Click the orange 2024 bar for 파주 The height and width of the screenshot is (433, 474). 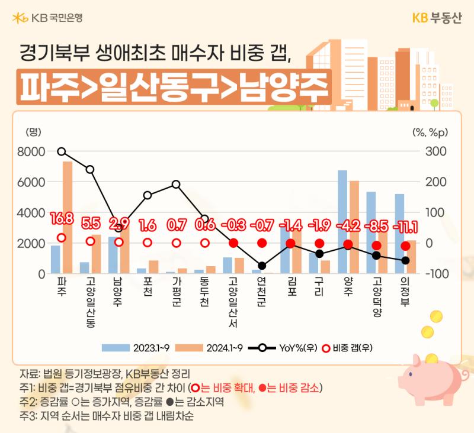[x=68, y=218]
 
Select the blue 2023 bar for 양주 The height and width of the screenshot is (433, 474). [x=342, y=222]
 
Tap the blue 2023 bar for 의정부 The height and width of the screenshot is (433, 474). [x=399, y=234]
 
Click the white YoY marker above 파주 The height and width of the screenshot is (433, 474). [x=62, y=151]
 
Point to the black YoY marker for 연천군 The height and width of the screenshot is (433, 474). [x=262, y=266]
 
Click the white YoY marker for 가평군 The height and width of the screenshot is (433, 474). [x=176, y=185]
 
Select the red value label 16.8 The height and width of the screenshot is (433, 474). [x=62, y=218]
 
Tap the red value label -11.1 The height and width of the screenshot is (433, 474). [x=405, y=227]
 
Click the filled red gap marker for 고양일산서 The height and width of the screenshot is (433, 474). [x=233, y=243]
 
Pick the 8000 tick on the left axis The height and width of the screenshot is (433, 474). [x=31, y=152]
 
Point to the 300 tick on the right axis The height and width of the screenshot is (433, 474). [x=436, y=151]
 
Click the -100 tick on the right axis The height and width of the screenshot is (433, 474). [x=437, y=274]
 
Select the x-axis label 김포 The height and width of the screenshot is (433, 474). [x=292, y=287]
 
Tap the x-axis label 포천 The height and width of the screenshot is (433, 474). [x=147, y=287]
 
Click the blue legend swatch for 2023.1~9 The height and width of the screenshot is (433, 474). [x=116, y=348]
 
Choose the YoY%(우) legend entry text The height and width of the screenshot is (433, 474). [x=298, y=348]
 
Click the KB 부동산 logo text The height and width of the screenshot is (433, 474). [x=437, y=18]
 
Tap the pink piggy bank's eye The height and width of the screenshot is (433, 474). [x=411, y=374]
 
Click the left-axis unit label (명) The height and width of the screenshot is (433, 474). [x=33, y=132]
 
